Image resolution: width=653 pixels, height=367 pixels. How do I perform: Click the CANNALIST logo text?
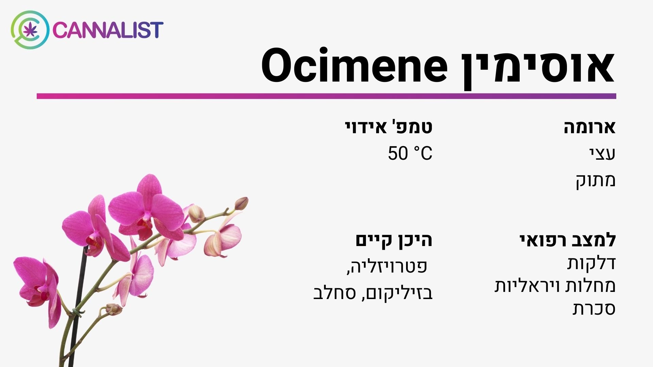pos(108,30)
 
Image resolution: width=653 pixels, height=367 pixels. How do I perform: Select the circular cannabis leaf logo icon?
pos(30,30)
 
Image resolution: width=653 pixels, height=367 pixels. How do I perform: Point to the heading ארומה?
pos(590,127)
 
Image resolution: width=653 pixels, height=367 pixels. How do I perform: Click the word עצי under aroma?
pos(602,154)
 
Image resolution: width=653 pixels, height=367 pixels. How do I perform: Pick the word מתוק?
pos(596,180)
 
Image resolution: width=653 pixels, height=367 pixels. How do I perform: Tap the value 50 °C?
pos(410,153)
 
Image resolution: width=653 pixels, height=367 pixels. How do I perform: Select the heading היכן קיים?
pos(394,240)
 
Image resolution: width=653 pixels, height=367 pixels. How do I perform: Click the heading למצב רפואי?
pos(568,240)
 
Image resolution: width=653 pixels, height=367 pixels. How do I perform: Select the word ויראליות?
pos(524,286)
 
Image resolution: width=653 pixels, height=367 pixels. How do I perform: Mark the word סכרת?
pos(594,309)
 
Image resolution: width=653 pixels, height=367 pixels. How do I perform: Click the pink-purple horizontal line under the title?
pos(326,96)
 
